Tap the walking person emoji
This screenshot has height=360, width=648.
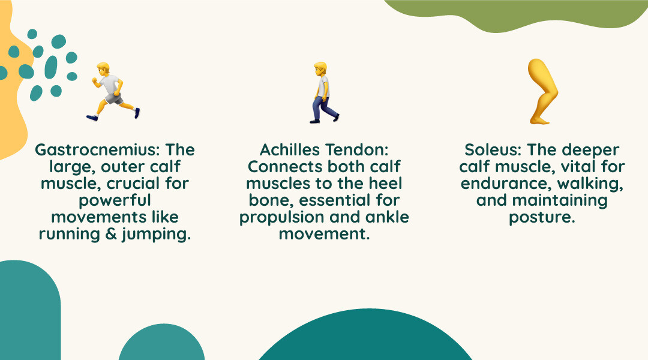tap(323, 93)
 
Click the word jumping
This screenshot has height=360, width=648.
tap(156, 235)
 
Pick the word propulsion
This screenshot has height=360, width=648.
tap(280, 218)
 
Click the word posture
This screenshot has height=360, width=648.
tap(541, 218)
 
